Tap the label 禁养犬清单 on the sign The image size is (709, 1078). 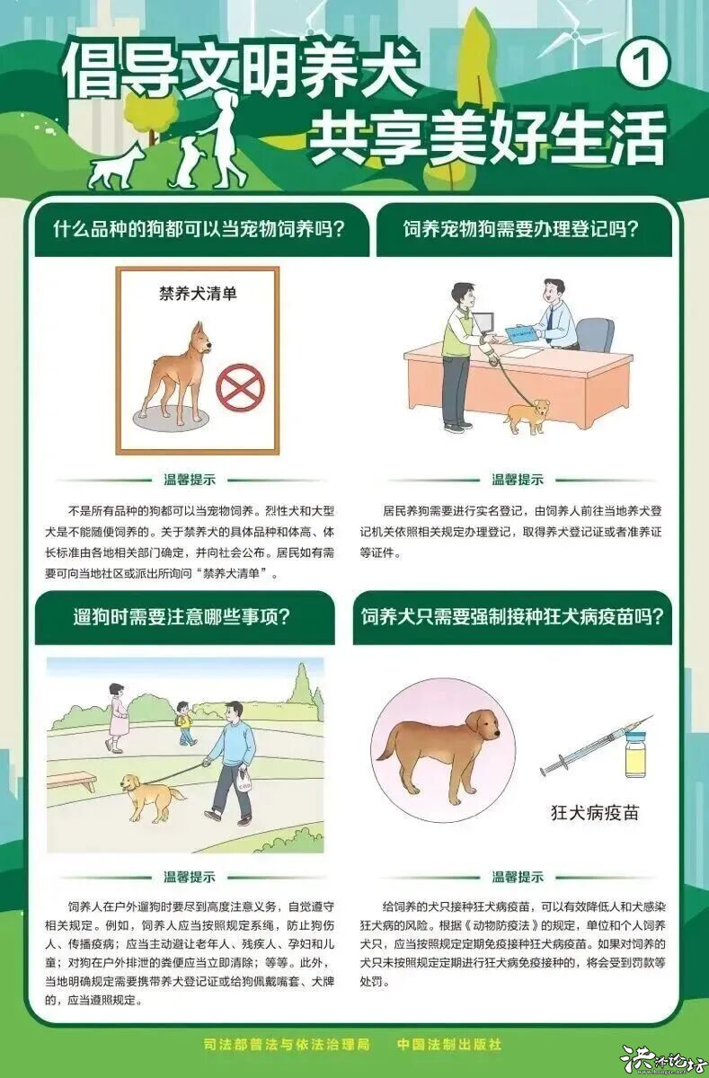pyautogui.click(x=198, y=293)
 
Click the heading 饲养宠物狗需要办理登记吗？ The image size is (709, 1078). pyautogui.click(x=520, y=228)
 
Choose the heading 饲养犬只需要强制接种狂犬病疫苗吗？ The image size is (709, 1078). pyautogui.click(x=512, y=617)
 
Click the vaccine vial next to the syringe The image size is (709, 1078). pyautogui.click(x=637, y=753)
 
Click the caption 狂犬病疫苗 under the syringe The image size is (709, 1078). pyautogui.click(x=594, y=813)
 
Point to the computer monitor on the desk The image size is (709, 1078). pyautogui.click(x=483, y=323)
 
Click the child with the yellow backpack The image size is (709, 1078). pyautogui.click(x=184, y=721)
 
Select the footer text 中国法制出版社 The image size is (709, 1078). pyautogui.click(x=449, y=1045)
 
